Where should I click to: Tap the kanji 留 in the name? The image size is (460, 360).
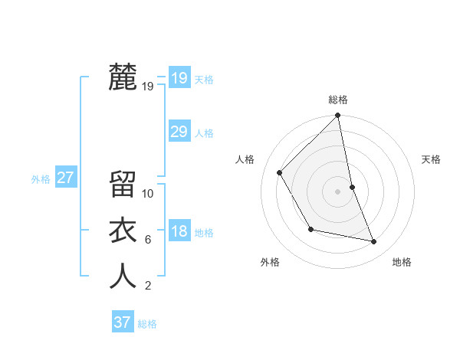[123, 184]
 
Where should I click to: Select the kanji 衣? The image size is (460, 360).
[123, 230]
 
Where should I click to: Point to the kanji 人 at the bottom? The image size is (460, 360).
[123, 276]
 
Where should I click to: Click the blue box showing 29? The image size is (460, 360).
[179, 132]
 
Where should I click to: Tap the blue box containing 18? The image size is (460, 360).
[179, 232]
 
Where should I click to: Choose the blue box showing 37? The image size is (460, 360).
[123, 322]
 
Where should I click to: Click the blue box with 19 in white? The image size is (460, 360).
[179, 77]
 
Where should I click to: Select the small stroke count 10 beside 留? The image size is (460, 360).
[148, 194]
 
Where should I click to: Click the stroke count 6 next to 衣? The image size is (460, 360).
[147, 240]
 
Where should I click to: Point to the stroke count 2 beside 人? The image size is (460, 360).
[147, 286]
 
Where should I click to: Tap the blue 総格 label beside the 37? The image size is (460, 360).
[147, 324]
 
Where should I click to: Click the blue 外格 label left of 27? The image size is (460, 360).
[41, 179]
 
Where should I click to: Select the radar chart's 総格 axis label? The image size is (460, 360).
[338, 100]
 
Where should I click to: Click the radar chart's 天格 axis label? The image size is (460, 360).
[432, 159]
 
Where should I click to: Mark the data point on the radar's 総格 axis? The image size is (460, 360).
[338, 116]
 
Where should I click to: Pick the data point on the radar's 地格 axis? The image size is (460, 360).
[374, 241]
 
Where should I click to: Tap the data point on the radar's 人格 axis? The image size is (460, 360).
[280, 172]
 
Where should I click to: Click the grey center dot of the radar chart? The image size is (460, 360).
[338, 191]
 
